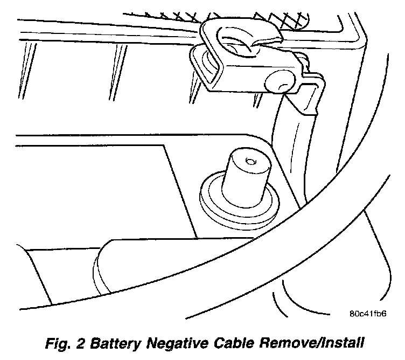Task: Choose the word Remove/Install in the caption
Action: coord(326,343)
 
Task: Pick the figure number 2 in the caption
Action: coord(97,343)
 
